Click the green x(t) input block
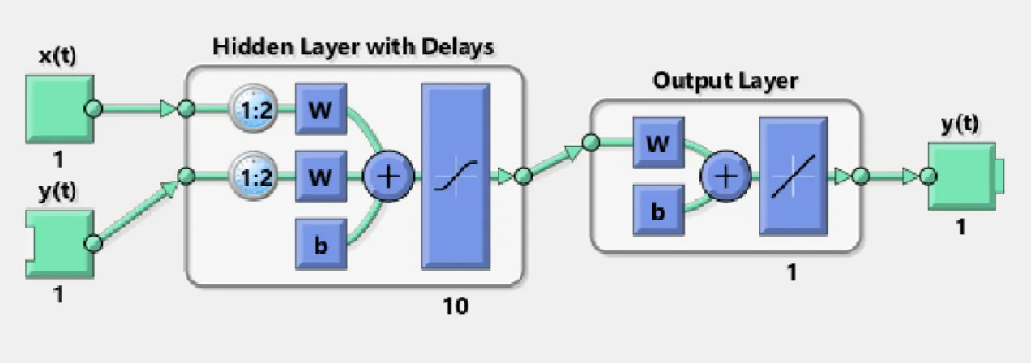click(x=60, y=109)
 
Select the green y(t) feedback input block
click(x=60, y=244)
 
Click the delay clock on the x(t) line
click(x=254, y=109)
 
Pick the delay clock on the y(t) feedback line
click(x=254, y=176)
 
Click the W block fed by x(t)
click(x=321, y=109)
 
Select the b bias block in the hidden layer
click(x=321, y=244)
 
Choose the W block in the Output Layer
click(x=658, y=143)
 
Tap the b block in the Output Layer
click(x=658, y=210)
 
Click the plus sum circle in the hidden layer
click(x=388, y=176)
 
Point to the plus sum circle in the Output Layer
click(x=725, y=176)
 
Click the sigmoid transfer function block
click(x=456, y=176)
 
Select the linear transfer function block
click(x=793, y=176)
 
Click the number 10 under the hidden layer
click(x=456, y=306)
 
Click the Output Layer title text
click(x=725, y=82)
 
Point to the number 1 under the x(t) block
click(x=58, y=160)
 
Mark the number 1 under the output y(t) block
click(x=960, y=227)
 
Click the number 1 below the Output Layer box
click(x=792, y=273)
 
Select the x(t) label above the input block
click(x=58, y=56)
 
